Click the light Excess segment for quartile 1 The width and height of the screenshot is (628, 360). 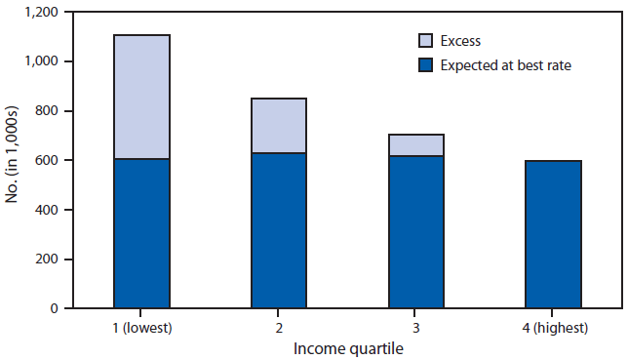click(141, 97)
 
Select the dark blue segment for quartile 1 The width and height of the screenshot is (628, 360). click(141, 233)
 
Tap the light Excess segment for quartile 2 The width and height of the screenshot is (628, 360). click(279, 126)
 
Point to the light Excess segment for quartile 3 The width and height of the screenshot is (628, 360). click(416, 145)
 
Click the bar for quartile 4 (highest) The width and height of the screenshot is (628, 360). click(554, 234)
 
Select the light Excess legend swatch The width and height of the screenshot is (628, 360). click(426, 41)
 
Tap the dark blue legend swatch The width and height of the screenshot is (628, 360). click(426, 65)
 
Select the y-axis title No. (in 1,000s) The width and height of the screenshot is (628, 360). click(13, 160)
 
